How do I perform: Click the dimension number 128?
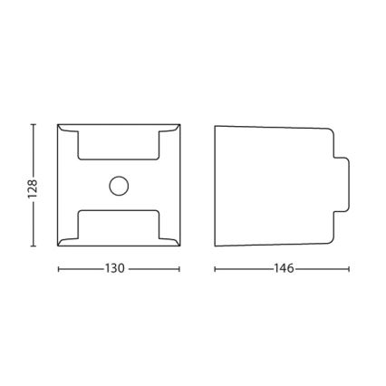pyautogui.click(x=33, y=189)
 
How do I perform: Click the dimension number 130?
pyautogui.click(x=115, y=268)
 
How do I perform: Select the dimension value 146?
pyautogui.click(x=284, y=268)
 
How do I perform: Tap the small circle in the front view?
pyautogui.click(x=119, y=186)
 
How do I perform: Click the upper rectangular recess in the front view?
pyautogui.click(x=119, y=159)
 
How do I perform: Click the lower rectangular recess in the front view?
pyautogui.click(x=119, y=210)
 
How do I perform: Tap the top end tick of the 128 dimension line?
pyautogui.click(x=34, y=124)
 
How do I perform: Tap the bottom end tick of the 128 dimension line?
pyautogui.click(x=34, y=246)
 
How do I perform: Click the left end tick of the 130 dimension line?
pyautogui.click(x=58, y=269)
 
